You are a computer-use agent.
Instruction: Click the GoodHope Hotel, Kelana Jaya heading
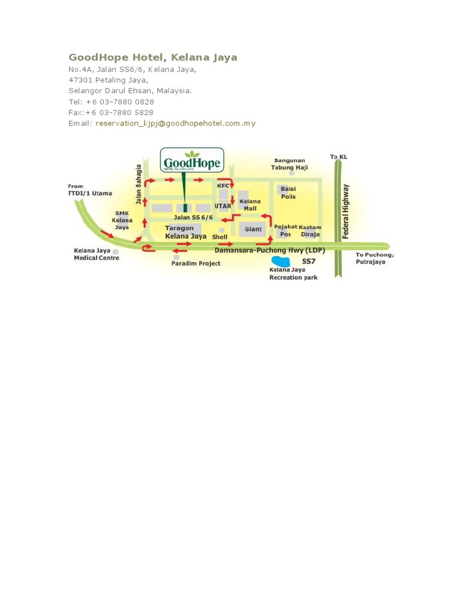(x=153, y=57)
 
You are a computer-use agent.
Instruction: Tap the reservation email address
(x=175, y=123)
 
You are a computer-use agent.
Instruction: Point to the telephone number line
(x=111, y=101)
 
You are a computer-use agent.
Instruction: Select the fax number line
(x=111, y=112)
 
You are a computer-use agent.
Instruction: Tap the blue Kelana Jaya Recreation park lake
(x=280, y=261)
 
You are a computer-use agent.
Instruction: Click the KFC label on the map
(x=223, y=185)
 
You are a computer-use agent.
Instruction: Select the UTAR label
(x=222, y=206)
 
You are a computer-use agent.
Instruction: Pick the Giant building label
(x=254, y=229)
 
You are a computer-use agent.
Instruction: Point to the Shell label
(x=219, y=237)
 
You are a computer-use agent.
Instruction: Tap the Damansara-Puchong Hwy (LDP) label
(x=270, y=250)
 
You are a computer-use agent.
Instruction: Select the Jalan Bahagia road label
(x=139, y=185)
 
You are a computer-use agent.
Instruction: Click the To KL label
(x=339, y=156)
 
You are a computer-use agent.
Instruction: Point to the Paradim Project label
(x=196, y=264)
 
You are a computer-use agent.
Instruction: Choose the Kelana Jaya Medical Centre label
(x=96, y=254)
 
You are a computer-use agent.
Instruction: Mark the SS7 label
(x=309, y=260)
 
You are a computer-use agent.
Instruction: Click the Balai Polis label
(x=288, y=192)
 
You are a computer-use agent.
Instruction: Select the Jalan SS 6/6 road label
(x=193, y=218)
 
